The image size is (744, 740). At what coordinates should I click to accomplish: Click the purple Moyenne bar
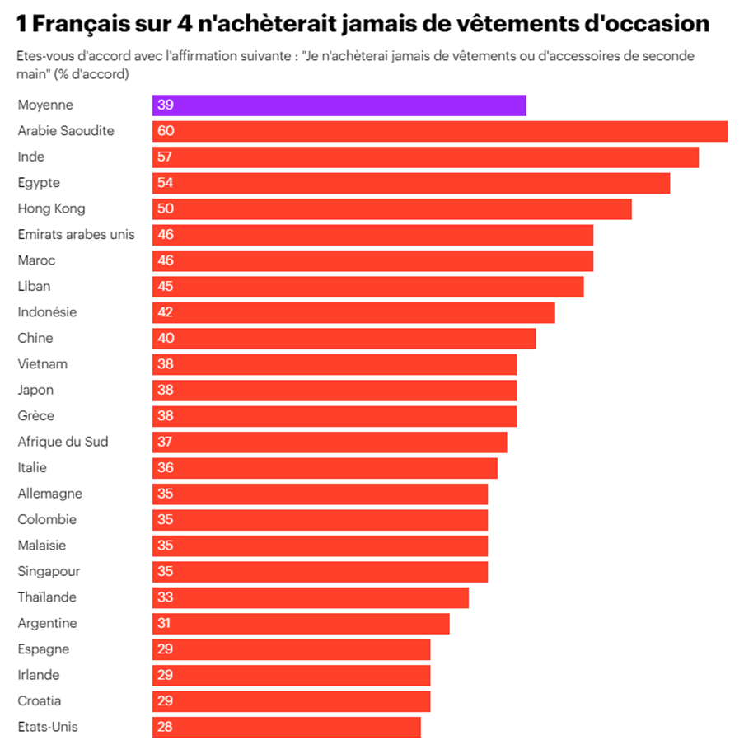point(339,105)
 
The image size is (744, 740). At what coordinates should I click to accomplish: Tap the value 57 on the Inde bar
point(165,157)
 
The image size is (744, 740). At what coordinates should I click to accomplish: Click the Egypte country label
point(39,183)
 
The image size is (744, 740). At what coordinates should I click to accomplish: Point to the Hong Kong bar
point(391,208)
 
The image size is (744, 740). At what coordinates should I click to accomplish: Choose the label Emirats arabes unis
point(76,235)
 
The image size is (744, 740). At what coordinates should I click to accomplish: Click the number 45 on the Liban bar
point(165,287)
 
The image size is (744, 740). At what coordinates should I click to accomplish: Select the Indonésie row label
point(47,312)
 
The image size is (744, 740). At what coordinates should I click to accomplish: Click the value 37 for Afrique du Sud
point(165,442)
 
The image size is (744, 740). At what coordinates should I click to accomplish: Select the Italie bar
point(325,468)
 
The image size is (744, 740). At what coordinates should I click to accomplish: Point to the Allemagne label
point(49,494)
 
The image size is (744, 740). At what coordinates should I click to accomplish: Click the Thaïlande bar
point(310,597)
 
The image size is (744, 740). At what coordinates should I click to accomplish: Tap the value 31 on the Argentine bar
point(164,624)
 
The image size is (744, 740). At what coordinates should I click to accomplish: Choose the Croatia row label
point(40,701)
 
